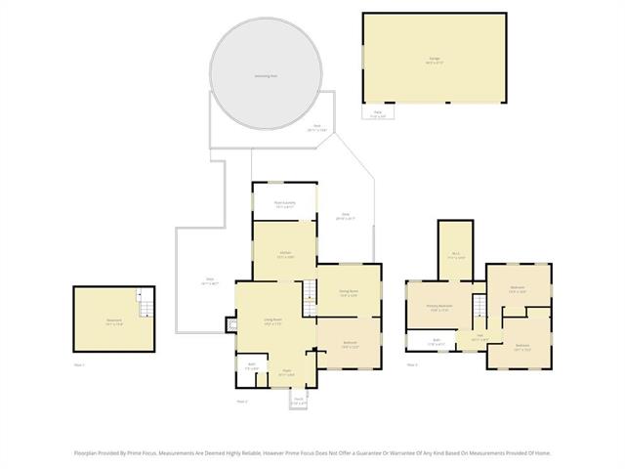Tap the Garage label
(x=434, y=59)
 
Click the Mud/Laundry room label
(x=284, y=204)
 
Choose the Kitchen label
(x=285, y=253)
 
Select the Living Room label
(x=272, y=321)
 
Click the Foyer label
(x=287, y=371)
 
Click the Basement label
(x=114, y=321)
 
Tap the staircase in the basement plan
(x=145, y=305)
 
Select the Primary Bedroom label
(x=438, y=307)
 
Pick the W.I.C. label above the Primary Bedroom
(x=455, y=255)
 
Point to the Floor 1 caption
(x=80, y=365)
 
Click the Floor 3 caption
(x=412, y=365)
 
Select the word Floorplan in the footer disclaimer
(x=89, y=453)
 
